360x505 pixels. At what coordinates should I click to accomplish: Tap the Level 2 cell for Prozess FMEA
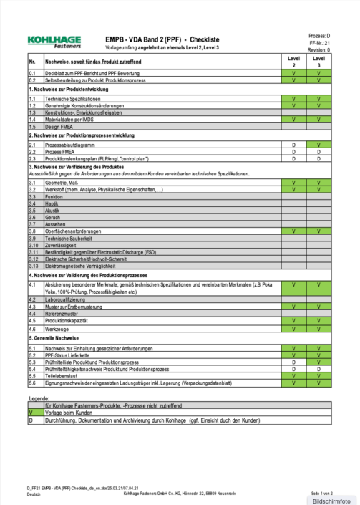(x=293, y=151)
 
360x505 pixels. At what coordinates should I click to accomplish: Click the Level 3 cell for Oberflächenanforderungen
(x=318, y=231)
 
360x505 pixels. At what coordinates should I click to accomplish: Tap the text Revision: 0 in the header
(x=318, y=50)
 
